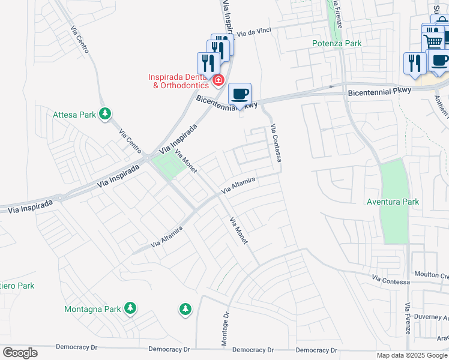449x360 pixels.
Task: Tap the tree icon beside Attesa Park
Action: point(105,113)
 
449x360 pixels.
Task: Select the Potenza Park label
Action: point(337,43)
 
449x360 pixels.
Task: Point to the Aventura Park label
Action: point(393,202)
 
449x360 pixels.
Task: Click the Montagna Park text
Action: point(92,310)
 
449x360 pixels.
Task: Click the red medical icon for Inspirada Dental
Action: point(218,79)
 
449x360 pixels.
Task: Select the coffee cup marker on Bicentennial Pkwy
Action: point(240,94)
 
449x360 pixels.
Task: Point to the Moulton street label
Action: point(432,275)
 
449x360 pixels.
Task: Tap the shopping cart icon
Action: point(433,41)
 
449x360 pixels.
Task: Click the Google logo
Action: point(20,353)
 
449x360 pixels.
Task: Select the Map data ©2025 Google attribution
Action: point(412,355)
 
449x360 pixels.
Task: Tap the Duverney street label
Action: point(432,316)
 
